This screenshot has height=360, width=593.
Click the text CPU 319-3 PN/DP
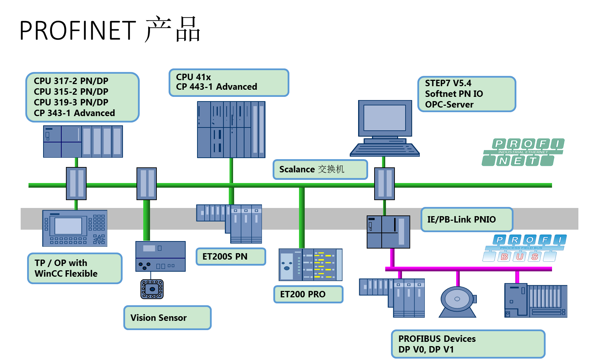coord(71,103)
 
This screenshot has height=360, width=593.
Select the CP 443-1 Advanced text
coord(216,87)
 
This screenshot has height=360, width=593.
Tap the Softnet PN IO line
coord(454,94)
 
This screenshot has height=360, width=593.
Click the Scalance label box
coord(320,169)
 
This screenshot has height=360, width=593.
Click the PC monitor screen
coord(385,118)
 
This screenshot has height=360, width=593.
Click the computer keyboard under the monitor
coord(385,150)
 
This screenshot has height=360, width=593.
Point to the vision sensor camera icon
coord(152,289)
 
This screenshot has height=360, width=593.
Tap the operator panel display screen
coord(68,226)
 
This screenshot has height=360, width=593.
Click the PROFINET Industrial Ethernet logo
coord(523,152)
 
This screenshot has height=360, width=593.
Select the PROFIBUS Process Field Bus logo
coord(525,248)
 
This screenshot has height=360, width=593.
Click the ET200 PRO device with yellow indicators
coord(310,265)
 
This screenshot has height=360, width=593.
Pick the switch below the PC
coord(385,183)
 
